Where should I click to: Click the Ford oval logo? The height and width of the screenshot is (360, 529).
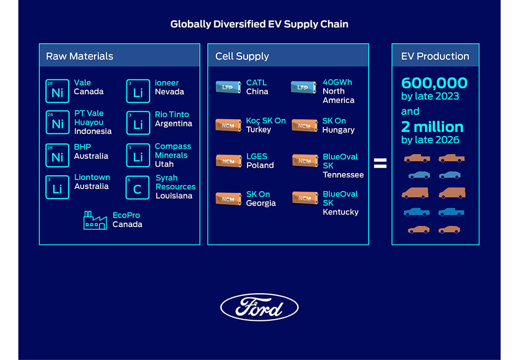point(259,307)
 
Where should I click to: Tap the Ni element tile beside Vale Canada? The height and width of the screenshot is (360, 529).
point(57,91)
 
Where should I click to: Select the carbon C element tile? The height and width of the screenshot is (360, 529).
point(138,187)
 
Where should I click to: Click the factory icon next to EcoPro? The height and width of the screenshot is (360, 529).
point(95,220)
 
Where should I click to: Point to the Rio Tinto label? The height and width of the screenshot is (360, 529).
point(171,114)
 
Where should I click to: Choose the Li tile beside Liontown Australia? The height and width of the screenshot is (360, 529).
point(57,187)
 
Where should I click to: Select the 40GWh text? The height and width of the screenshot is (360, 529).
point(337,83)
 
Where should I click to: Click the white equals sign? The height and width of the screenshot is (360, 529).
point(380,164)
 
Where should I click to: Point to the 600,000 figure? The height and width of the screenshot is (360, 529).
point(434,83)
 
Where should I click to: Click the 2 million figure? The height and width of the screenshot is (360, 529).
point(432,127)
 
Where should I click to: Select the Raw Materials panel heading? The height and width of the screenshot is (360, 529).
point(80,56)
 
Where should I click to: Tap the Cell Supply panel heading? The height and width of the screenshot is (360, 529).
point(242,56)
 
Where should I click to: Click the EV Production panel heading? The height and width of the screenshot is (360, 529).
point(435,56)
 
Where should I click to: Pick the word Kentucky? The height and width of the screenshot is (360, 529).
point(341,212)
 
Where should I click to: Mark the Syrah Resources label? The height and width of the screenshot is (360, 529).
point(175,182)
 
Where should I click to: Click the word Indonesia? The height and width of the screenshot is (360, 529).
point(93,131)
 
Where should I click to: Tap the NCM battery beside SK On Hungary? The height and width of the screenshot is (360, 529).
point(305,125)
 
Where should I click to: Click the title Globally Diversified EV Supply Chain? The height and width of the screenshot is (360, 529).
point(259,24)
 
